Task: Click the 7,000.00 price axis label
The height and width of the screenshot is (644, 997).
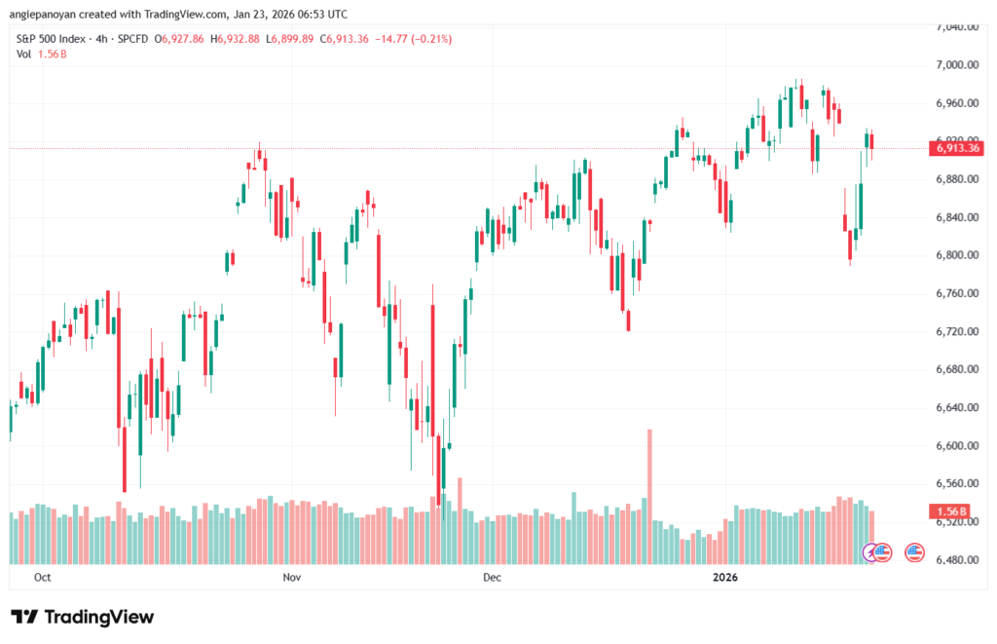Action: click(954, 64)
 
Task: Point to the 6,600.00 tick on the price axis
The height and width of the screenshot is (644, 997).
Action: click(954, 446)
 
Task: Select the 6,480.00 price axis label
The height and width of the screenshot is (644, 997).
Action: click(954, 560)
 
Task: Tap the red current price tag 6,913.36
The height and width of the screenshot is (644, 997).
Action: click(956, 149)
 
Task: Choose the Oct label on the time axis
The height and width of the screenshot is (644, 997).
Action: click(42, 577)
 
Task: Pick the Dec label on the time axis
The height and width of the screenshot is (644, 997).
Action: click(492, 577)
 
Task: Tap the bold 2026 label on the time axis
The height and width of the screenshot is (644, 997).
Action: click(726, 577)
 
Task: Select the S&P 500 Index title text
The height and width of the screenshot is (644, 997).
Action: click(55, 39)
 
